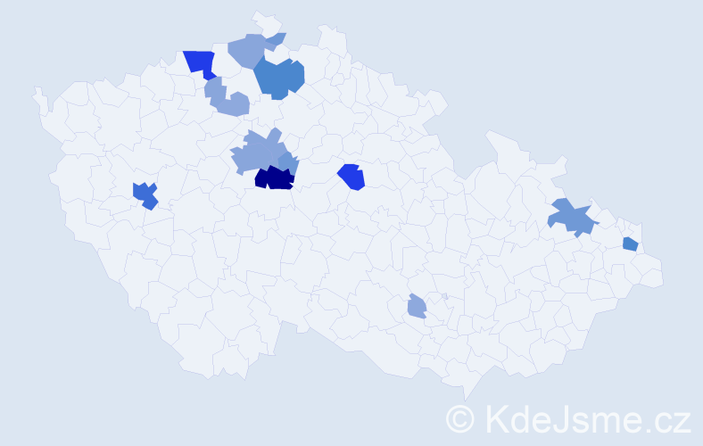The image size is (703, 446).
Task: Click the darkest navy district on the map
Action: click(274, 178)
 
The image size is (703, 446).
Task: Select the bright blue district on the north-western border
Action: click(200, 62)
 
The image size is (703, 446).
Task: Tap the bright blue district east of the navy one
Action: click(351, 177)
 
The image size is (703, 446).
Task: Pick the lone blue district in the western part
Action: click(145, 194)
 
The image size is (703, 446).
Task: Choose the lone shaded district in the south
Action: click(417, 307)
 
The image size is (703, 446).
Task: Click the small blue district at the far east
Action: click(630, 244)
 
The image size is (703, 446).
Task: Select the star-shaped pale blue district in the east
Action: click(571, 217)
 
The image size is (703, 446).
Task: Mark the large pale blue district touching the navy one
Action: click(256, 153)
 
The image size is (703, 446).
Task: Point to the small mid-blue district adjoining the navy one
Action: click(288, 162)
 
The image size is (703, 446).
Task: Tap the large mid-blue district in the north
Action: click(279, 78)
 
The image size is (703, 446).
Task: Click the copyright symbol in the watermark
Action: click(461, 417)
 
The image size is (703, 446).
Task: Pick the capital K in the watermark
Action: click(497, 417)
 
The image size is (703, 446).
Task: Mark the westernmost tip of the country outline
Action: click(35, 90)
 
